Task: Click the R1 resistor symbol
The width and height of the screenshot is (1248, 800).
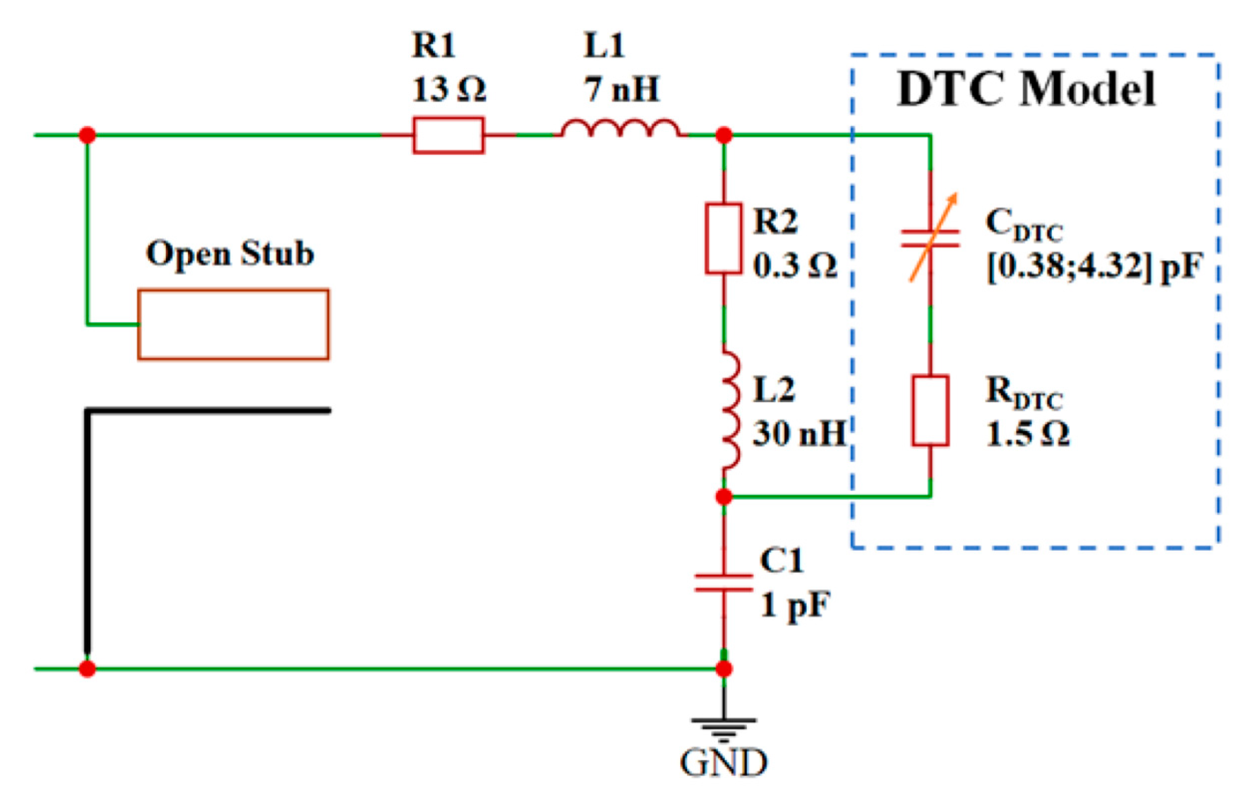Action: pos(448,135)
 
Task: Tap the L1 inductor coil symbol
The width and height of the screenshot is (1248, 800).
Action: pos(620,130)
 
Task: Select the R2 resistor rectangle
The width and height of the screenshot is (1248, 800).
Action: pos(723,238)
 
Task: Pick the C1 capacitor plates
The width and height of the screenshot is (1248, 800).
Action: pos(724,583)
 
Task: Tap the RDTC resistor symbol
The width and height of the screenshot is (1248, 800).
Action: pos(930,410)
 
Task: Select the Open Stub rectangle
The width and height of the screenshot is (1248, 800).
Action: pos(233,324)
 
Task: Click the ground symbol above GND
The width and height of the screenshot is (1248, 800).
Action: pos(724,727)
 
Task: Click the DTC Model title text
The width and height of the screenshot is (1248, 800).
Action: pos(1026,89)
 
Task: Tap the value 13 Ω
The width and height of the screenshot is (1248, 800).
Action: pos(448,89)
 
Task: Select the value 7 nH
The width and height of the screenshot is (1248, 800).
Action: pos(621,89)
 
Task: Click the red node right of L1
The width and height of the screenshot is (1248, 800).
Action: pos(724,135)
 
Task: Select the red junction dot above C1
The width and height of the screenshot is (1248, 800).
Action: pos(724,497)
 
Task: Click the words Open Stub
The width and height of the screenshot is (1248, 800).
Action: pos(230,254)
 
